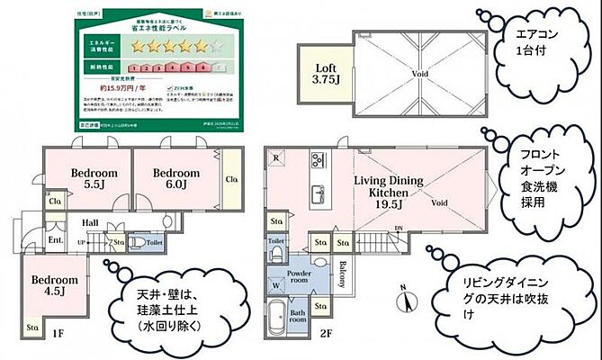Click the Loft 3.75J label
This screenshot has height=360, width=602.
tap(325, 72)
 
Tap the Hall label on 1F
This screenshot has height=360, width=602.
tap(90, 222)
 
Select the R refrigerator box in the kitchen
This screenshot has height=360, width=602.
tap(275, 158)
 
